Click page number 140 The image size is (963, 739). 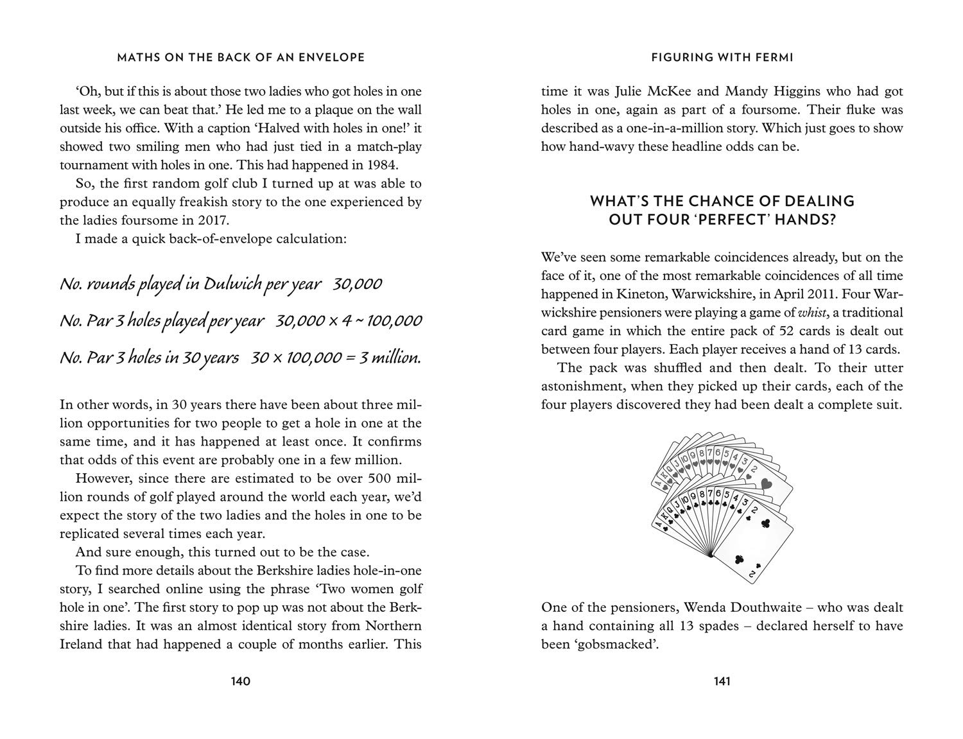240,681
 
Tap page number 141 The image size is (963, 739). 722,681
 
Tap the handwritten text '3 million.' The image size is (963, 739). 390,358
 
